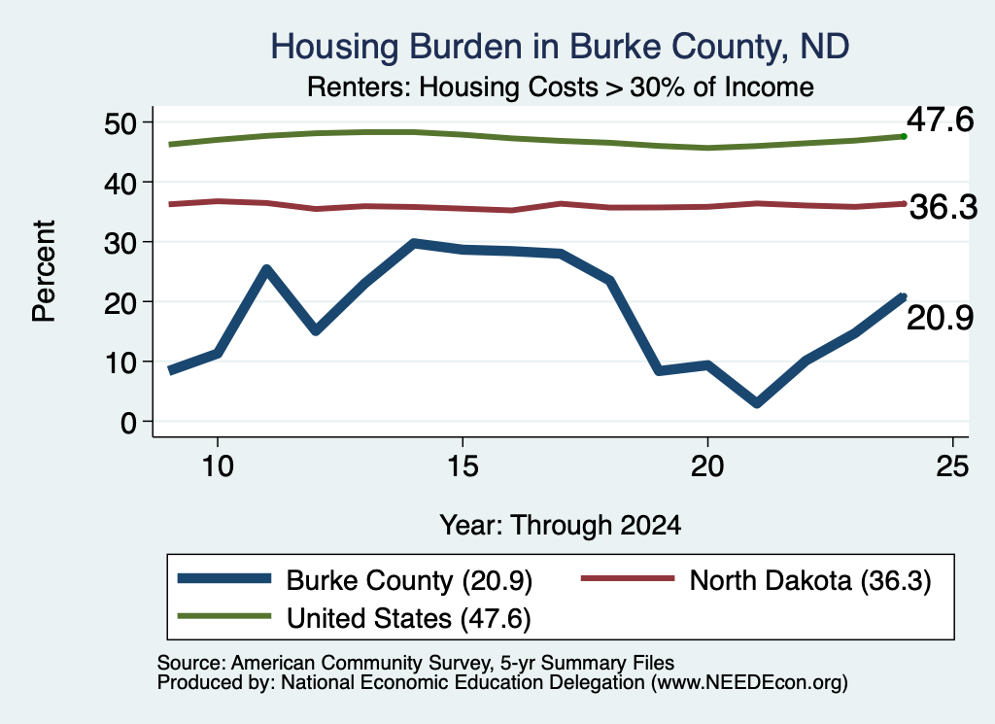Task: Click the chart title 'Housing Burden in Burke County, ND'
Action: pos(560,47)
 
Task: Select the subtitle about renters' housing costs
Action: pos(561,86)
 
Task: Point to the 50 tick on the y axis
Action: pos(120,122)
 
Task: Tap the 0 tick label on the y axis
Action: pos(128,422)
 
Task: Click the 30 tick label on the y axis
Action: pos(120,242)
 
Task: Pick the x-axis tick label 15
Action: pos(463,466)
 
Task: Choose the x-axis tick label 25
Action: pos(952,466)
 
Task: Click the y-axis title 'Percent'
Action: pos(44,271)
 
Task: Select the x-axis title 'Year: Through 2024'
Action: pos(561,526)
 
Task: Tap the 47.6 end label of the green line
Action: pos(940,120)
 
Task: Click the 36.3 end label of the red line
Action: pos(944,207)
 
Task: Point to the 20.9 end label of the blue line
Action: pos(940,317)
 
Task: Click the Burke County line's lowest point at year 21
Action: pos(756,403)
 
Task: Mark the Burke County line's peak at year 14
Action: pos(414,243)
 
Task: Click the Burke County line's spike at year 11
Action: pos(266,269)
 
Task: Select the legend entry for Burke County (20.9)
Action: pos(355,580)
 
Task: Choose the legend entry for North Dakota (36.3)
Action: pos(756,580)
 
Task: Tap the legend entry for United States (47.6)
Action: pos(354,618)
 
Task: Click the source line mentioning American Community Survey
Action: pos(416,663)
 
